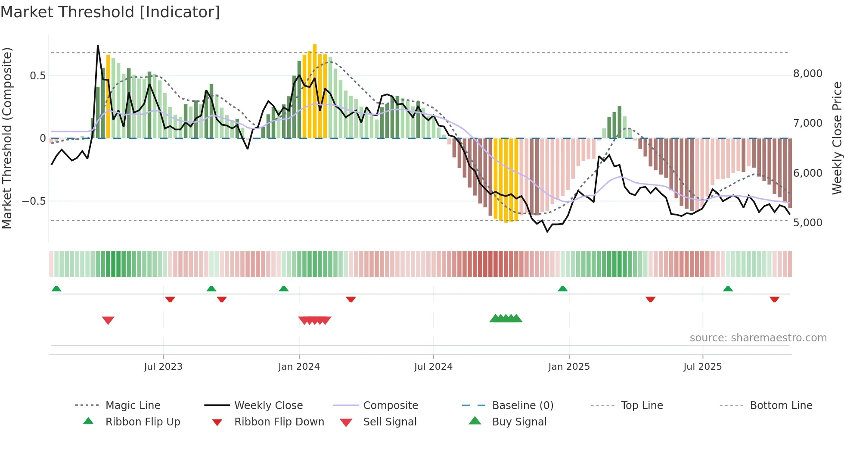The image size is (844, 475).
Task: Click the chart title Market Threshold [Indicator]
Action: click(110, 12)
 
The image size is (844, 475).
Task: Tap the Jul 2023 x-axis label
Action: click(163, 367)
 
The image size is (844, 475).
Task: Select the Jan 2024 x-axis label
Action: click(299, 367)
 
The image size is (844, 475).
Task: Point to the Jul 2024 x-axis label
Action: click(433, 367)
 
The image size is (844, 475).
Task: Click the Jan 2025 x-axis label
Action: click(569, 367)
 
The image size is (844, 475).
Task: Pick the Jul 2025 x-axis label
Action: click(702, 367)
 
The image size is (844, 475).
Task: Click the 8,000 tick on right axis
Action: click(807, 74)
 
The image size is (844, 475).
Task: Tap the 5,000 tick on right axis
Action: click(807, 223)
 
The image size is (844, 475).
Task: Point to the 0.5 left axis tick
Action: click(37, 76)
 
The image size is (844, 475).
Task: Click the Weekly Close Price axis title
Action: click(837, 138)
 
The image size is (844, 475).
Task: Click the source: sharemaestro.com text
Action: click(758, 338)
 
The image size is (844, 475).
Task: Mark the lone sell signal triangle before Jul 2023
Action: click(108, 320)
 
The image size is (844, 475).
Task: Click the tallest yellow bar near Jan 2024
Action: click(315, 91)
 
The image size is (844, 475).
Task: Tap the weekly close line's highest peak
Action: click(98, 46)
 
